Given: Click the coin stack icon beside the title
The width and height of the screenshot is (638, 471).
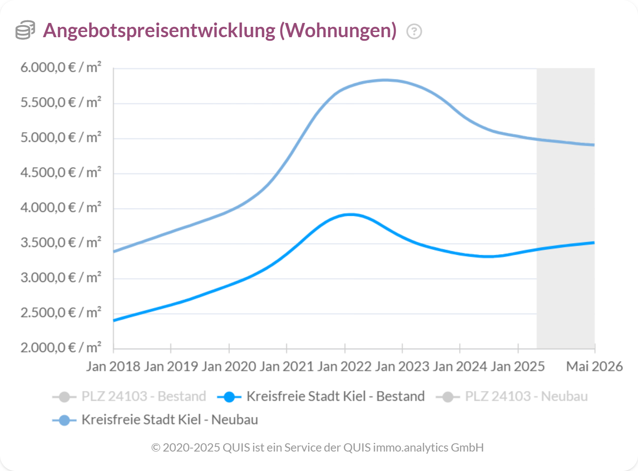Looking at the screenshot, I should [25, 30].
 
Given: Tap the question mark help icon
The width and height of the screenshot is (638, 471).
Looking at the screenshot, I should [414, 31].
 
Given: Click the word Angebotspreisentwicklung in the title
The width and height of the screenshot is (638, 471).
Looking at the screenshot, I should [159, 30].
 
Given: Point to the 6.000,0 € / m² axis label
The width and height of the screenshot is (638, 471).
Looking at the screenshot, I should [61, 67].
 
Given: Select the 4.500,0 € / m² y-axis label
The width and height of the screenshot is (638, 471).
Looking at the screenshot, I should [61, 173].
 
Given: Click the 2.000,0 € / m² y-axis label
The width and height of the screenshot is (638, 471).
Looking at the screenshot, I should [61, 348].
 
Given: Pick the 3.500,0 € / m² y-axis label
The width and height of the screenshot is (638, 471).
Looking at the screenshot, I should [61, 243].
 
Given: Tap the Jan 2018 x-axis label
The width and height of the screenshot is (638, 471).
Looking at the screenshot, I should [113, 366].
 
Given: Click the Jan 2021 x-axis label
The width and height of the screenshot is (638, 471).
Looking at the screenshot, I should [287, 366].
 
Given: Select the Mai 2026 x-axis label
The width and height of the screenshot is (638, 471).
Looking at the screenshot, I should [594, 366].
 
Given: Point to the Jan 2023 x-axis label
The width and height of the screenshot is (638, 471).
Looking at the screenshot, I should [402, 366].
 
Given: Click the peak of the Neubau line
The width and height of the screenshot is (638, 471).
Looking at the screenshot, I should [385, 80].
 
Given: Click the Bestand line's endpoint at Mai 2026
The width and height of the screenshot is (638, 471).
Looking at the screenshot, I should [594, 243].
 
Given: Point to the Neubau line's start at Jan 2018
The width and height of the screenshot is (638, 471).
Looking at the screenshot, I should [114, 251].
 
